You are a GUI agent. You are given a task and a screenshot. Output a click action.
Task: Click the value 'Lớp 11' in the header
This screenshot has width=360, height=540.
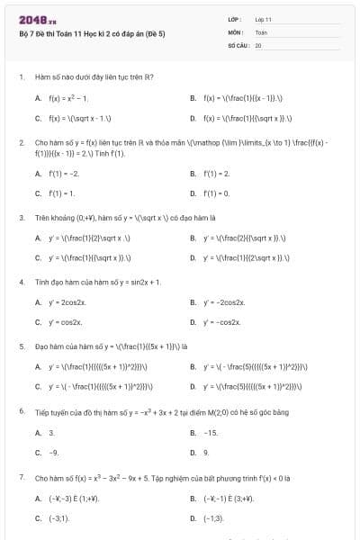(x=263, y=19)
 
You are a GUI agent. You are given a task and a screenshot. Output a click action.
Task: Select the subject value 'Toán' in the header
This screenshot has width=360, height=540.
(x=261, y=31)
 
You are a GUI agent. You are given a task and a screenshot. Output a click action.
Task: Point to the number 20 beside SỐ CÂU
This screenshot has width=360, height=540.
(x=258, y=44)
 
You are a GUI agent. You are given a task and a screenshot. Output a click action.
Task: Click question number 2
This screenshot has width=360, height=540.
(x=21, y=142)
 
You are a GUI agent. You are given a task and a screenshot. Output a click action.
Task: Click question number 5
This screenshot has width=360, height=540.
(x=21, y=345)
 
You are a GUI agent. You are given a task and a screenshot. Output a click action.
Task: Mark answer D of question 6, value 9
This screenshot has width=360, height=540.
(x=206, y=452)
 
